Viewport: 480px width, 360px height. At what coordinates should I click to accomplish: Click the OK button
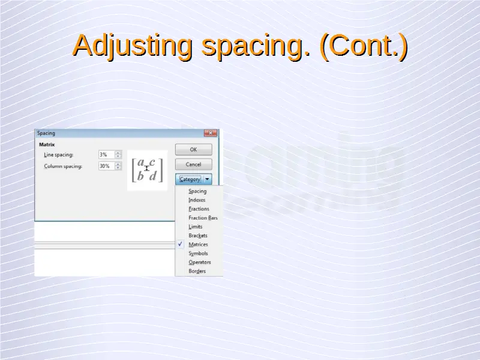point(193,149)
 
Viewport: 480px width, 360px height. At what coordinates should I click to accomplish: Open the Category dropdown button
point(193,179)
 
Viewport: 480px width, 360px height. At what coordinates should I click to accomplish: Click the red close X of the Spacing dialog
point(211,133)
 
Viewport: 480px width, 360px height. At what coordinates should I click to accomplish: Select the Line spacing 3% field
point(107,155)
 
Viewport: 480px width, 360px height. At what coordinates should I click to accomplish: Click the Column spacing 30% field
point(107,166)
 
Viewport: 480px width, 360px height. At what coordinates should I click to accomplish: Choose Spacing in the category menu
point(197,191)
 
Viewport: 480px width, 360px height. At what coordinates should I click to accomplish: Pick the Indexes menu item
point(197,200)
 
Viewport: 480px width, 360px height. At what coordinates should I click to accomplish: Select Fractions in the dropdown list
point(199,209)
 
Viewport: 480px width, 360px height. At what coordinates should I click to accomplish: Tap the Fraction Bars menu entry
point(203,218)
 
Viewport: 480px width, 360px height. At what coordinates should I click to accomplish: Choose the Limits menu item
point(196,227)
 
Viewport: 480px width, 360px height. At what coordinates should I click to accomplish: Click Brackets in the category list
point(198,235)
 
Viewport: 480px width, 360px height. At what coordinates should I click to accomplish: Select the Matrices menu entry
point(198,244)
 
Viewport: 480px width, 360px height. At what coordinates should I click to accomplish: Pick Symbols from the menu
point(198,253)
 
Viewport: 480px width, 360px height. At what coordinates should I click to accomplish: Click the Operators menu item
point(200,262)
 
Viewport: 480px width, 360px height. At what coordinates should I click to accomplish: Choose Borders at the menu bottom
point(197,271)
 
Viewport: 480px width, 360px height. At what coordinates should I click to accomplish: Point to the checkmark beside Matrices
point(180,244)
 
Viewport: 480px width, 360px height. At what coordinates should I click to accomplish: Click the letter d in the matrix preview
point(153,176)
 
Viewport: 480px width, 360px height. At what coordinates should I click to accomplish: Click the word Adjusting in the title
point(133,46)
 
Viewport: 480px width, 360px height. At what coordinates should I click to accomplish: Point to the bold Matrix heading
point(47,145)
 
